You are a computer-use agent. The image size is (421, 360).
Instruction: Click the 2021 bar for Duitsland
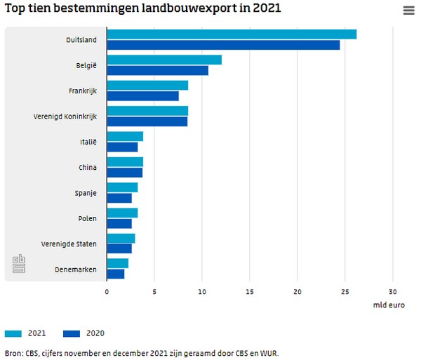point(232,34)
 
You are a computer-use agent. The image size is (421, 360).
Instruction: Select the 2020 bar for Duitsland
point(223,45)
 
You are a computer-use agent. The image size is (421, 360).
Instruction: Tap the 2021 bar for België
point(164,60)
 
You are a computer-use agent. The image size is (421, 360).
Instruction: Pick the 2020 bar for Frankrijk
point(142,95)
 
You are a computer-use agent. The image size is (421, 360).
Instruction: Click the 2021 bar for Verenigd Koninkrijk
point(147,111)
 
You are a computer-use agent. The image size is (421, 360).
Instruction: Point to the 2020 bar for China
point(125,172)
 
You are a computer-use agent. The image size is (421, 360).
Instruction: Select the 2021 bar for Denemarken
point(118,263)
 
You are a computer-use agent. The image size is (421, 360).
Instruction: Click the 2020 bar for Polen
point(119,223)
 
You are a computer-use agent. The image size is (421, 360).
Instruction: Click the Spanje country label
point(86,192)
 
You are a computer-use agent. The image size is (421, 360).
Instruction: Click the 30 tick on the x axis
point(393,291)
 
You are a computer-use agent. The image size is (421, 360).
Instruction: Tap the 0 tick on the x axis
point(107,291)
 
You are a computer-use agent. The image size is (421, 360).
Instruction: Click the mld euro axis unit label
point(389,305)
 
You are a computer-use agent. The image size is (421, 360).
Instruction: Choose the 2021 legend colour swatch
point(15,333)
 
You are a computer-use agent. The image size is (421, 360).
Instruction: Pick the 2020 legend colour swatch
point(73,333)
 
